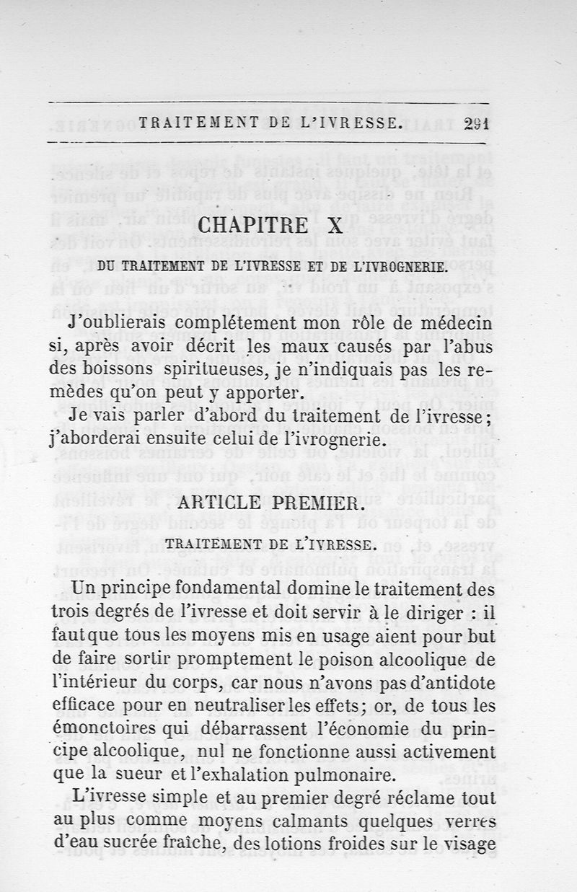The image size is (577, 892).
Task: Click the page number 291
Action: click(477, 123)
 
